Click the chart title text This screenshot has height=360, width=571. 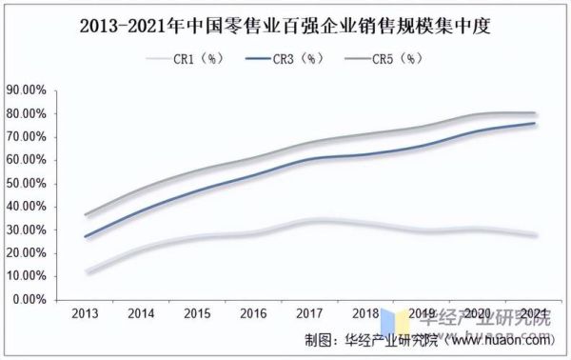(285, 24)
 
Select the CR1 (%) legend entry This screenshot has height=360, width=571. (189, 59)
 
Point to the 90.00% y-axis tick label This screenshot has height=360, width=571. (28, 90)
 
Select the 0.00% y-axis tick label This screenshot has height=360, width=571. (30, 299)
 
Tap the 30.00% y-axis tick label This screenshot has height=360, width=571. (28, 230)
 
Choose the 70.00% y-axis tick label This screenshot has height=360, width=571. (28, 137)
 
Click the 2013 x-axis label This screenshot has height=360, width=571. (86, 314)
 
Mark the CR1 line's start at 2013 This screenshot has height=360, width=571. (86, 272)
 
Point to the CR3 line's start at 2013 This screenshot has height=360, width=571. (86, 236)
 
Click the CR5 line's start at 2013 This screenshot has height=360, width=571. (86, 215)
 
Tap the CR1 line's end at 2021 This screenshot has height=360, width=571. (535, 235)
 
